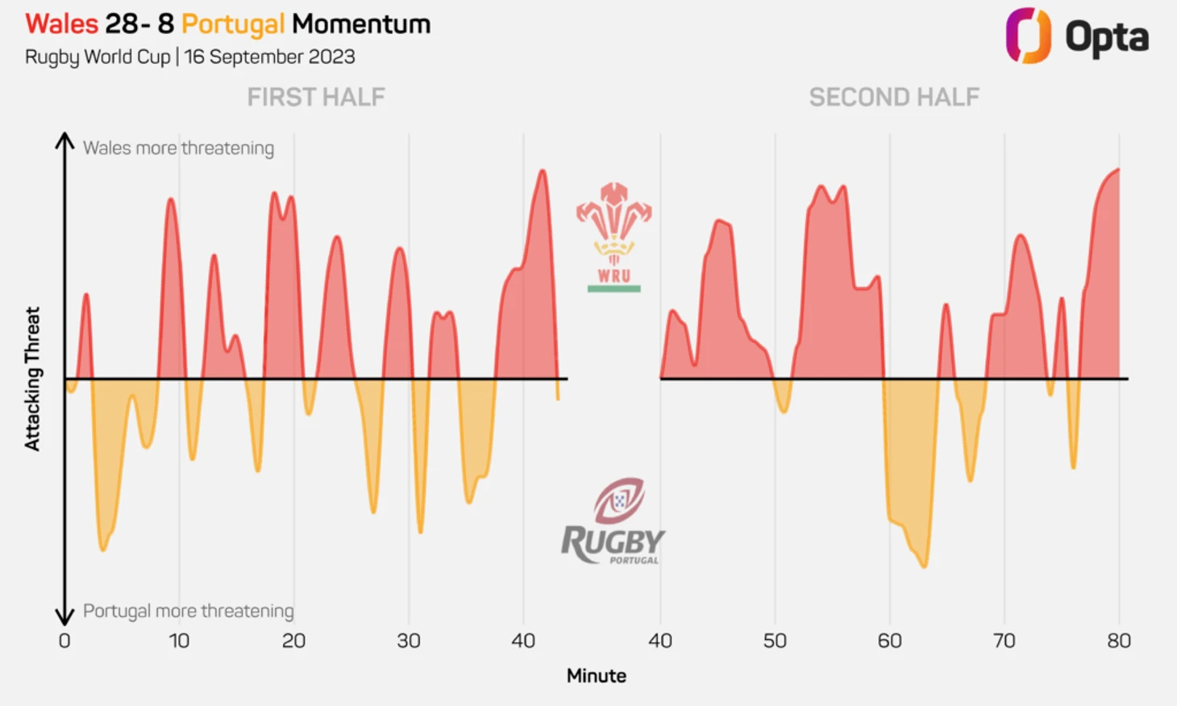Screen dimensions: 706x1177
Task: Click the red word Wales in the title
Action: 61,24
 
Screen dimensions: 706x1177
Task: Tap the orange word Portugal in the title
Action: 233,24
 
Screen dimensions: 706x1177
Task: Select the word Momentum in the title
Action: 361,24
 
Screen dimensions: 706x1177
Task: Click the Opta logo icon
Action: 1028,36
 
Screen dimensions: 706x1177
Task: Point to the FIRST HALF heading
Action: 316,98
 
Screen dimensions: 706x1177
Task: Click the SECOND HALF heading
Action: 894,98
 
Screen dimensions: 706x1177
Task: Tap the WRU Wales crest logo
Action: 614,236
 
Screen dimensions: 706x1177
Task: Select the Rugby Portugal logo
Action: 613,521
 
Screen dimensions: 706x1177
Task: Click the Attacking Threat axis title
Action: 32,378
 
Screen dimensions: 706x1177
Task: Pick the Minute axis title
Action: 596,676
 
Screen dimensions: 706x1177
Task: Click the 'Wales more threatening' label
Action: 178,148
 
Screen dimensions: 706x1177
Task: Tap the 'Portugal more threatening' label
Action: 188,611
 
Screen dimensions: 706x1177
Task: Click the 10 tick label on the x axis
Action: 179,641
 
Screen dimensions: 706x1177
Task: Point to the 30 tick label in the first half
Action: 409,641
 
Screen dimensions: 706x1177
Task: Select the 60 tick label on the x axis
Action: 890,641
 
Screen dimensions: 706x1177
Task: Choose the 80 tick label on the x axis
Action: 1119,641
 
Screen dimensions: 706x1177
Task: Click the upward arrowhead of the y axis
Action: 64,140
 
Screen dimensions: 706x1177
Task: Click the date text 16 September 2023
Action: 270,57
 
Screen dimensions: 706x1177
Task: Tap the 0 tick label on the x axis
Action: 64,641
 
